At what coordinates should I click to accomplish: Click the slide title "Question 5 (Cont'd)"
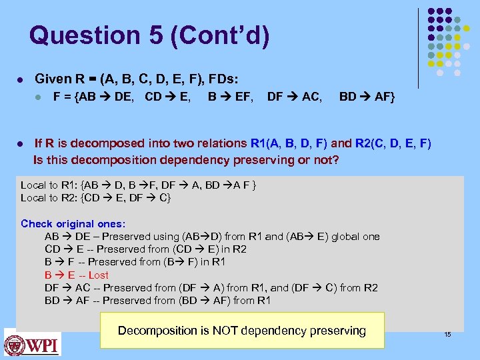tap(150, 36)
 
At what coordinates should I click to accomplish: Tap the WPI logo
tap(32, 343)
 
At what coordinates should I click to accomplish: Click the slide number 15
tap(447, 334)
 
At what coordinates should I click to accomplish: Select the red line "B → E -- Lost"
tap(76, 275)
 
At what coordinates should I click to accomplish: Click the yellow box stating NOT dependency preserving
tap(242, 330)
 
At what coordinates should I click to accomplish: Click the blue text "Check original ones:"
tap(73, 224)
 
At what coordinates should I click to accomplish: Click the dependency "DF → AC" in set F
tap(294, 98)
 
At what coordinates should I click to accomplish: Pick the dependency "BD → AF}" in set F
tap(367, 98)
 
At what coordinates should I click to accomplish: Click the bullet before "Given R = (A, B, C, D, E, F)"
tap(21, 79)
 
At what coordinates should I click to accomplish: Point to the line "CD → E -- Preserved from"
tap(145, 249)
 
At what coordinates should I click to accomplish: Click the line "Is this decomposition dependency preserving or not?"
tap(186, 160)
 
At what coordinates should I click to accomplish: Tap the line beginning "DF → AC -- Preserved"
tap(211, 287)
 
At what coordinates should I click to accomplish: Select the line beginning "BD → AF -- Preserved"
tap(157, 300)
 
